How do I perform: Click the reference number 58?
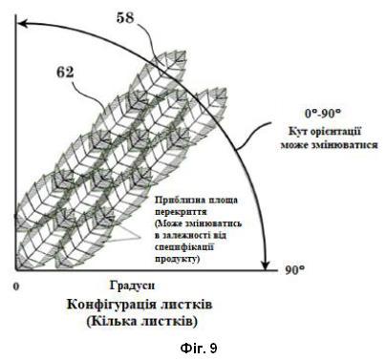pyautogui.click(x=125, y=17)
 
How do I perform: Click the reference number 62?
pyautogui.click(x=65, y=73)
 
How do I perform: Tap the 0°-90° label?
pyautogui.click(x=323, y=114)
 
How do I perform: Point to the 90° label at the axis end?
pyautogui.click(x=294, y=270)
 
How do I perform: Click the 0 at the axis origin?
pyautogui.click(x=16, y=286)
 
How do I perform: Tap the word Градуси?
pyautogui.click(x=133, y=286)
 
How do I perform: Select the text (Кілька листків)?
pyautogui.click(x=142, y=321)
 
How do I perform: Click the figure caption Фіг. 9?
pyautogui.click(x=199, y=349)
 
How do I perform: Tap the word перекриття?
pyautogui.click(x=181, y=212)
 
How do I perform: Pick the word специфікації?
pyautogui.click(x=184, y=247)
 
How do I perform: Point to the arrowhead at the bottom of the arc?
pyautogui.click(x=266, y=265)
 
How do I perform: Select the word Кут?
pyautogui.click(x=297, y=132)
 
